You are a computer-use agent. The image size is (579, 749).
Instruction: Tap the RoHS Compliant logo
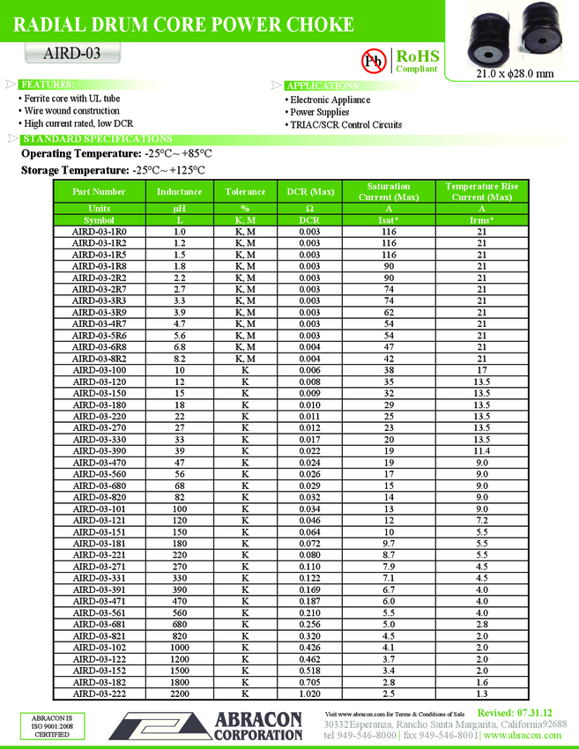(418, 61)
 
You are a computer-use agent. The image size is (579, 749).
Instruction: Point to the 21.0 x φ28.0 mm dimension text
(515, 73)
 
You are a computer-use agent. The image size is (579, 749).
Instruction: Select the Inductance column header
(180, 191)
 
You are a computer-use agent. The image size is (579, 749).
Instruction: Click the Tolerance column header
(245, 191)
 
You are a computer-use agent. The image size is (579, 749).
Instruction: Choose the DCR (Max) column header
(309, 191)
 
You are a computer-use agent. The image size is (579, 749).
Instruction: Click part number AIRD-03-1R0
(99, 232)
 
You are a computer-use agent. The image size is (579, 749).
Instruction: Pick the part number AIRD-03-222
(99, 694)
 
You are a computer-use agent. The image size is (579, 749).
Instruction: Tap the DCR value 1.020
(309, 694)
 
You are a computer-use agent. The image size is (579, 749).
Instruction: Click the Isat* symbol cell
(389, 219)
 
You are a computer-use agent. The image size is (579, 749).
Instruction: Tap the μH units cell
(180, 208)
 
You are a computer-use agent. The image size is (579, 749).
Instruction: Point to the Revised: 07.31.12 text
(515, 712)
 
